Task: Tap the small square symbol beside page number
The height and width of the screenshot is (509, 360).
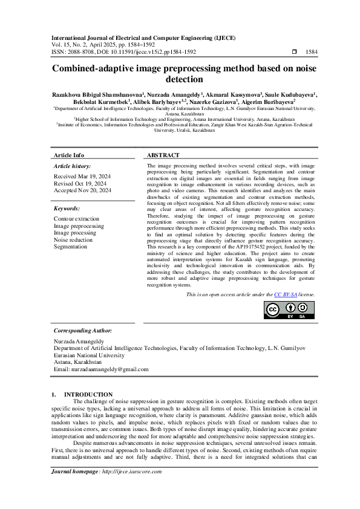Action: (x=295, y=52)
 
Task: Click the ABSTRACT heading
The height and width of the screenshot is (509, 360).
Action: (x=162, y=155)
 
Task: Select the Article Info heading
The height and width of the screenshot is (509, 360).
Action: (x=70, y=155)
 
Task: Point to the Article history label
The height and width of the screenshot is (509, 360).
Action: (x=73, y=166)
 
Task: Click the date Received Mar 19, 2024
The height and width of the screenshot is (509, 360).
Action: (x=81, y=177)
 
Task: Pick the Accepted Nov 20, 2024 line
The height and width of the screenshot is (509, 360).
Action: (x=82, y=190)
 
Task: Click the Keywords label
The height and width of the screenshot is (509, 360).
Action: (x=67, y=208)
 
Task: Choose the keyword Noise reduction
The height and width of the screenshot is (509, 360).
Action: (x=73, y=240)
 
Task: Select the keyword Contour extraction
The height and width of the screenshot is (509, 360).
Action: (x=76, y=219)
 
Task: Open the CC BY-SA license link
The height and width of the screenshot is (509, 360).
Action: (x=285, y=294)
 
